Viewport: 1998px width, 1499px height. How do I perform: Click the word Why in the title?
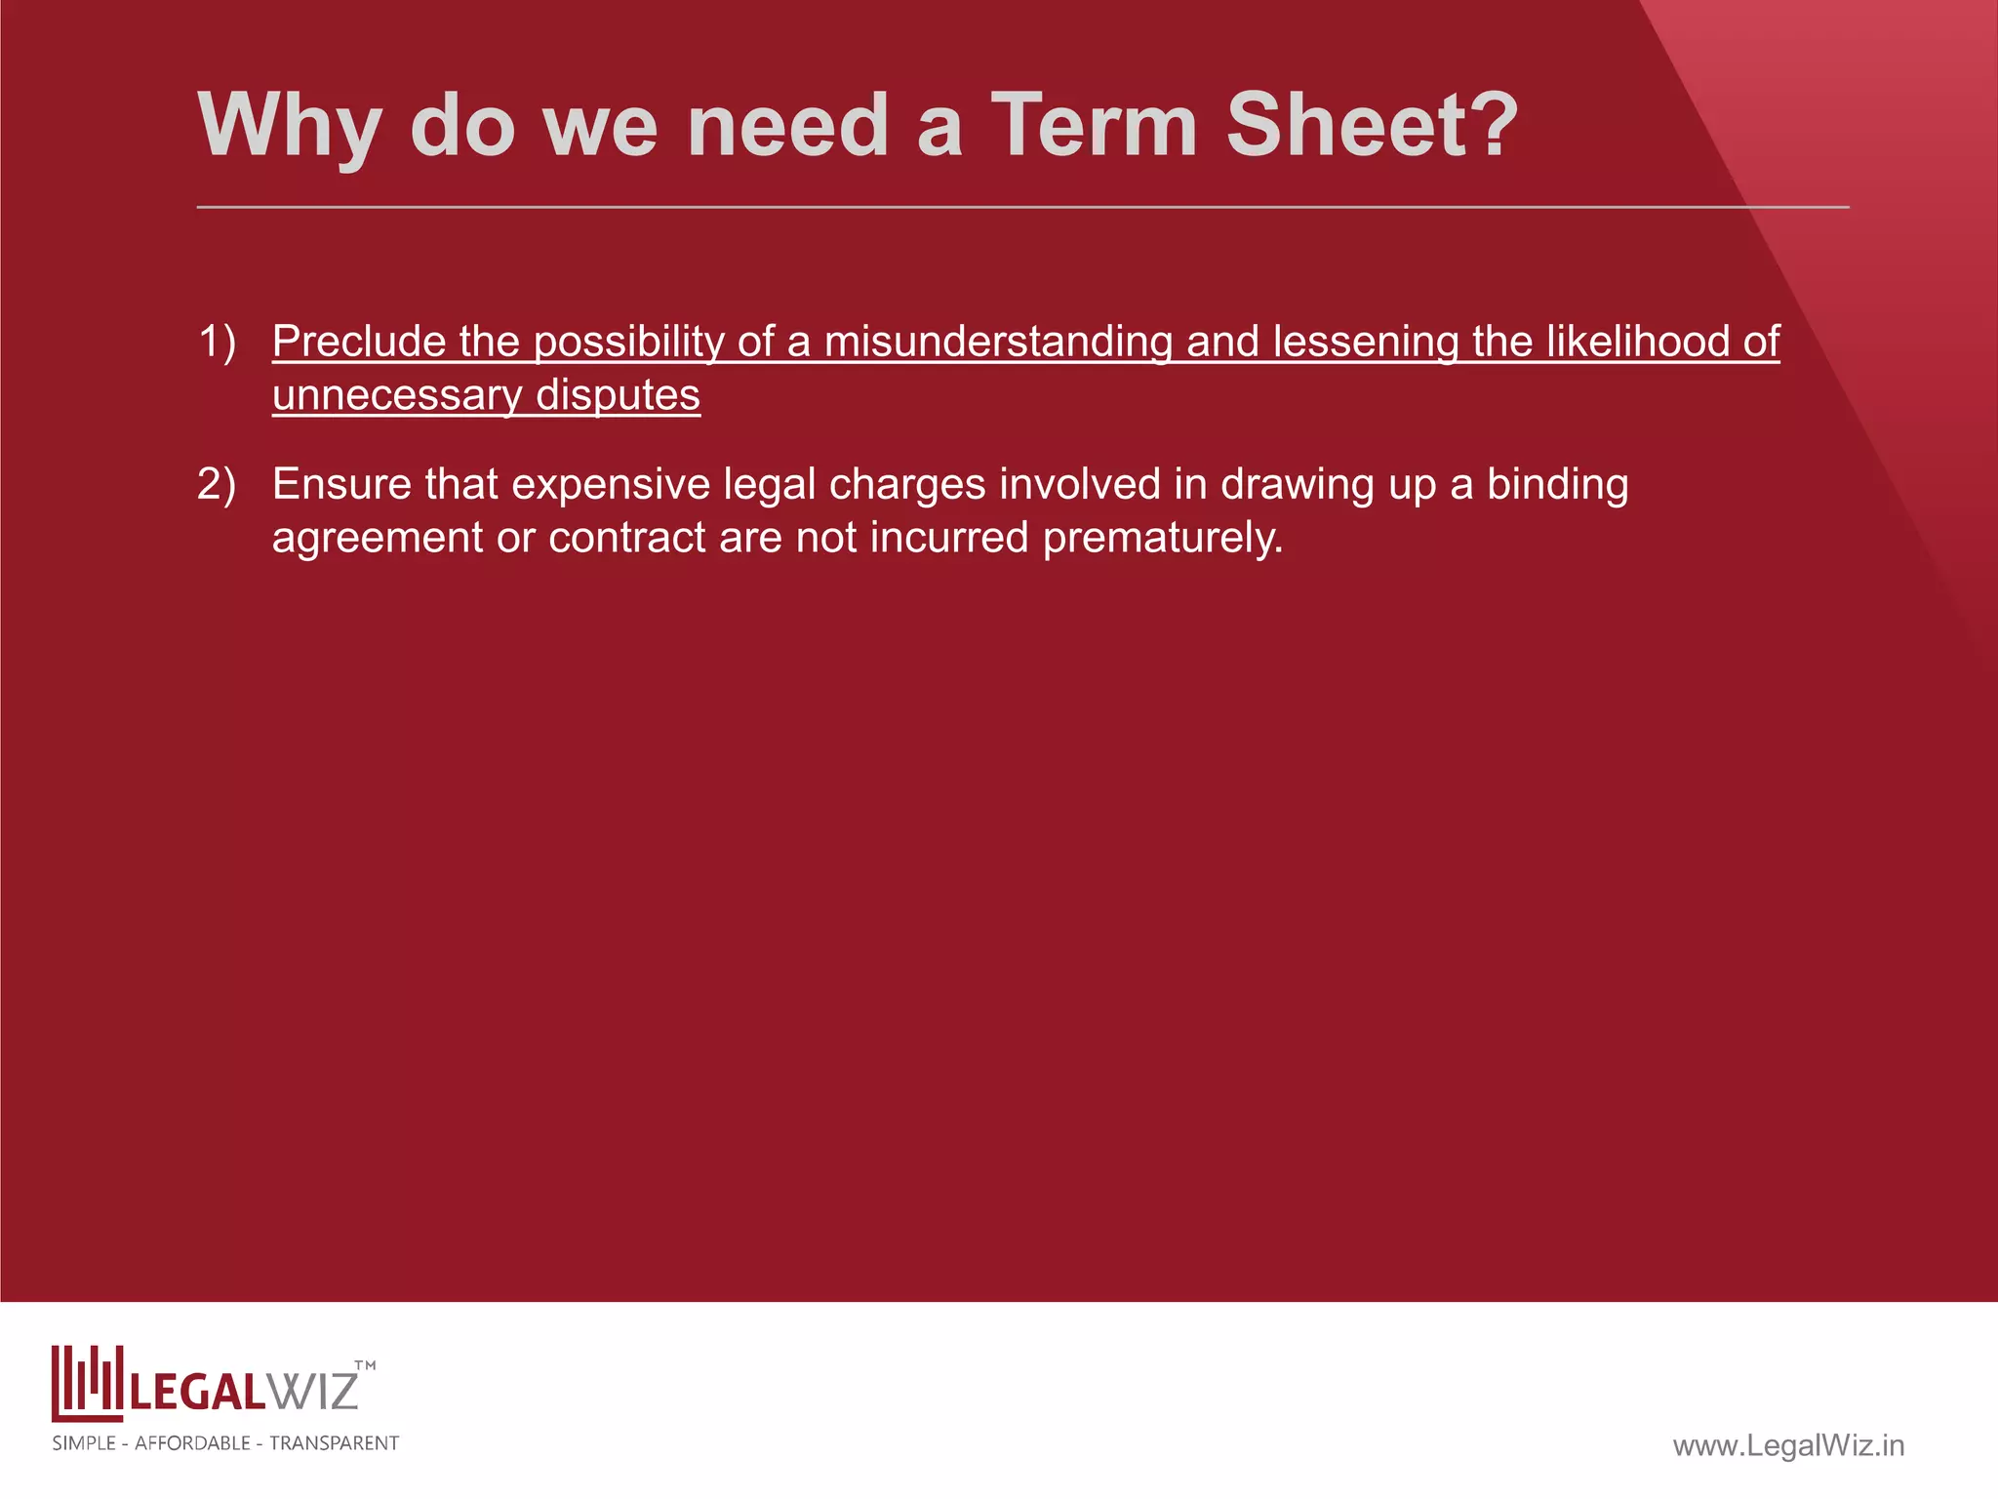(288, 127)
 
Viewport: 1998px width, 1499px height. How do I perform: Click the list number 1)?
(217, 342)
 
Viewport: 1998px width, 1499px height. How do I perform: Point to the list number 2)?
(217, 484)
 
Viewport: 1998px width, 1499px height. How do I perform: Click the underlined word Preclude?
(358, 342)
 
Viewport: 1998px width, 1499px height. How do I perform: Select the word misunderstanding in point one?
(998, 342)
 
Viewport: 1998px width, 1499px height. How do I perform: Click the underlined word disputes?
(618, 395)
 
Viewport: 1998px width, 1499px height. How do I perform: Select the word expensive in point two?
(611, 484)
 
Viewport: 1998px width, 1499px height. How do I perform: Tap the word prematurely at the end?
(1163, 538)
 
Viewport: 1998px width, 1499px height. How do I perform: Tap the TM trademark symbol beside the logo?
(365, 1365)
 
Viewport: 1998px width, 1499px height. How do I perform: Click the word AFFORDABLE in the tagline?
(192, 1443)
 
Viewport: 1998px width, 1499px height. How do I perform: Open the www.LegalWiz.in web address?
(1788, 1445)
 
